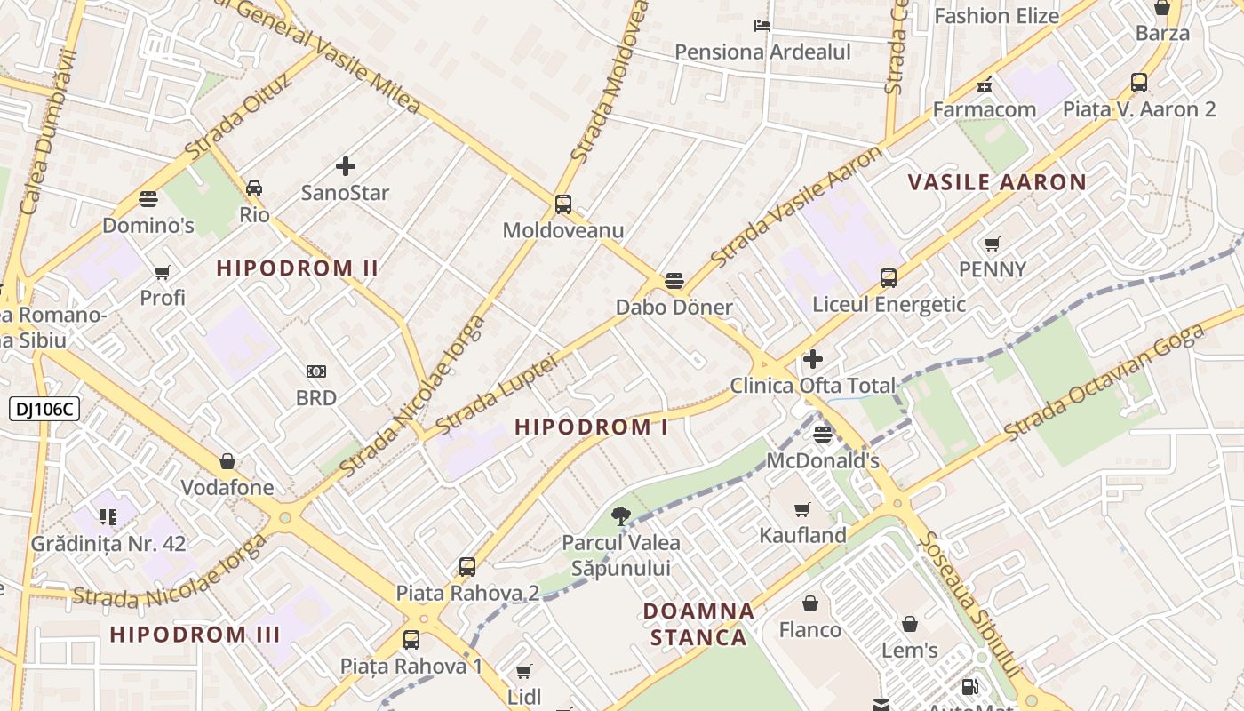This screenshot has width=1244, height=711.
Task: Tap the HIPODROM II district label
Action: (298, 268)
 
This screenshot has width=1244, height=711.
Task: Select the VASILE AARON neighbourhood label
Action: (997, 183)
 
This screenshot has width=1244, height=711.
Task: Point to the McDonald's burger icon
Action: (823, 434)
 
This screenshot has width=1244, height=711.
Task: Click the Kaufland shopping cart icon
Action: (802, 509)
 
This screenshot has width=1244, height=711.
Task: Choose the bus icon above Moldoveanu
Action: (563, 204)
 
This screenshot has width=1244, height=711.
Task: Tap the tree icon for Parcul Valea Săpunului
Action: (621, 515)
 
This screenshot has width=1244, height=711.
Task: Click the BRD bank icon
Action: (316, 371)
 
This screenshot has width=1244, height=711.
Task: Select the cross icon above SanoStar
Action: (346, 166)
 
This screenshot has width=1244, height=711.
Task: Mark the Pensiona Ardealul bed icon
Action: (762, 25)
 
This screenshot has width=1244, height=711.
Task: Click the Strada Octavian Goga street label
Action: (1105, 382)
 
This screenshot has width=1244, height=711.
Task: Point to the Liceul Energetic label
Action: (889, 304)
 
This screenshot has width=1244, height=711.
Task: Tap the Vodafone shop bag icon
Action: (227, 461)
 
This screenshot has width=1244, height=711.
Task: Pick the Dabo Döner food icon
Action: (674, 282)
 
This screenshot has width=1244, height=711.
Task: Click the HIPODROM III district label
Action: (195, 635)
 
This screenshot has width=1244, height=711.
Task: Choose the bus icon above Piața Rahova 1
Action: (411, 639)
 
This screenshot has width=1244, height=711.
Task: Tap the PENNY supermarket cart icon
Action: (993, 244)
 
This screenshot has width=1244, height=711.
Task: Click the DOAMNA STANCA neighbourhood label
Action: (698, 624)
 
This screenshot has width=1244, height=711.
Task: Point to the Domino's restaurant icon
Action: (148, 198)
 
